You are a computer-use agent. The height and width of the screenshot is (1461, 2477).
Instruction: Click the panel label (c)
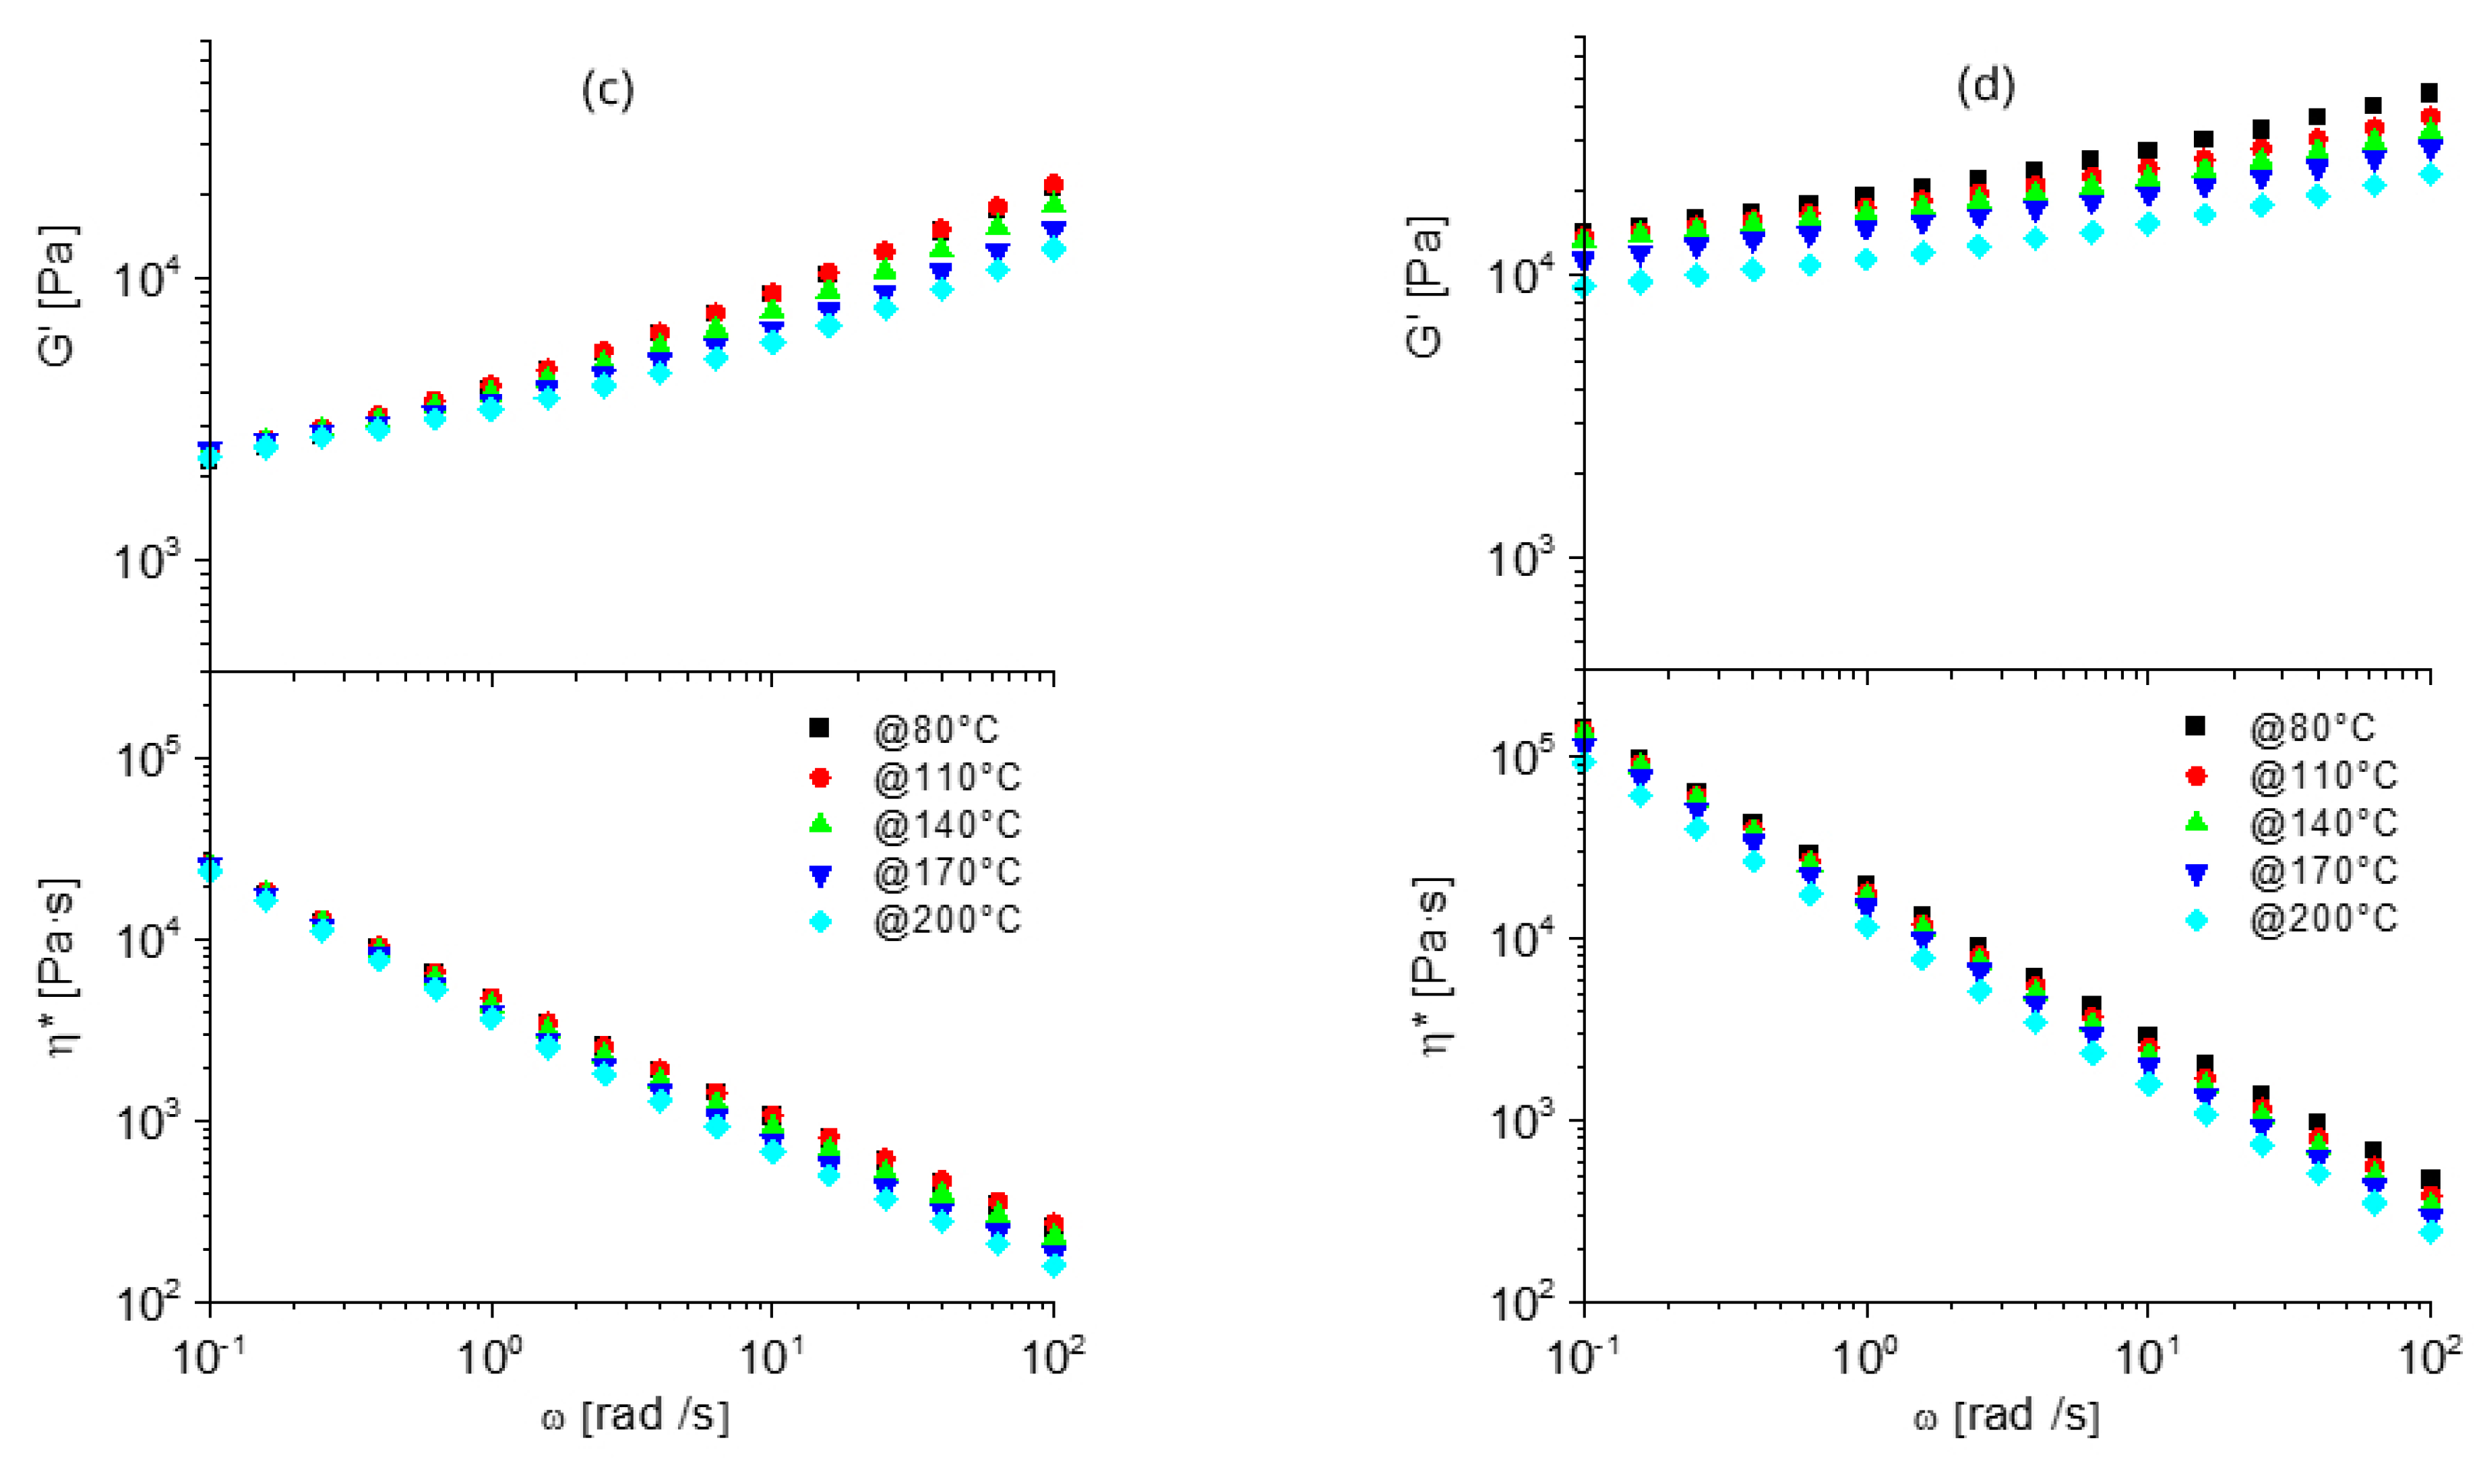(608, 90)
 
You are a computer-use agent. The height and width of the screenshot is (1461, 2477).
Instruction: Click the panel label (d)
(1986, 87)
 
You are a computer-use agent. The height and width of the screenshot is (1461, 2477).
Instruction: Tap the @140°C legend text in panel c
(946, 825)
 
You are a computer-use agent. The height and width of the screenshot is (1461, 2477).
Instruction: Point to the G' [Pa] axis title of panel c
(57, 295)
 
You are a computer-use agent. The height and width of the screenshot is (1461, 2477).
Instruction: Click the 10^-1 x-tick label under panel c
(209, 1359)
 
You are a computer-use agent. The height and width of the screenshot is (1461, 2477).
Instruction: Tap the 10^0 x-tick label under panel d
(1866, 1359)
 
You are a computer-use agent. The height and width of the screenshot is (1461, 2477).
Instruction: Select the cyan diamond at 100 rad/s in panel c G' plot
(1054, 249)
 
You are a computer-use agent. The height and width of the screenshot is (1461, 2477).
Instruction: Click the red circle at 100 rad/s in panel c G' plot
(1054, 184)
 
